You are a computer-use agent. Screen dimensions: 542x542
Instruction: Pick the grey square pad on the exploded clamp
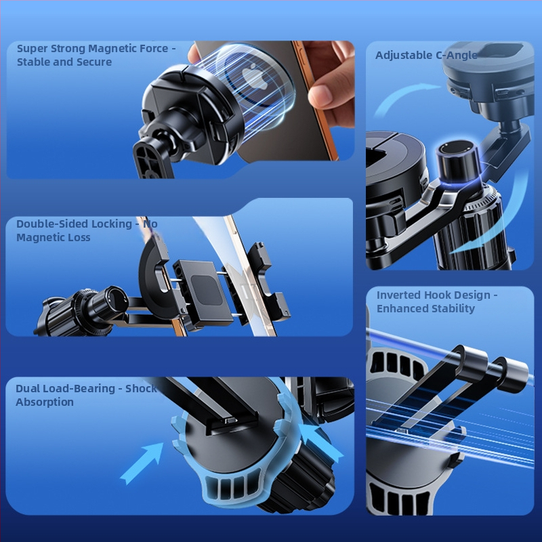point(207,290)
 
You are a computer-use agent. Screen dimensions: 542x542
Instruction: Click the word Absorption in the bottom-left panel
point(45,402)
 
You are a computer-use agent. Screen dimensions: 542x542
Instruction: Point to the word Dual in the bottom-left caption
point(26,388)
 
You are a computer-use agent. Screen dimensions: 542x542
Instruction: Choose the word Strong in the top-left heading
point(68,49)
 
